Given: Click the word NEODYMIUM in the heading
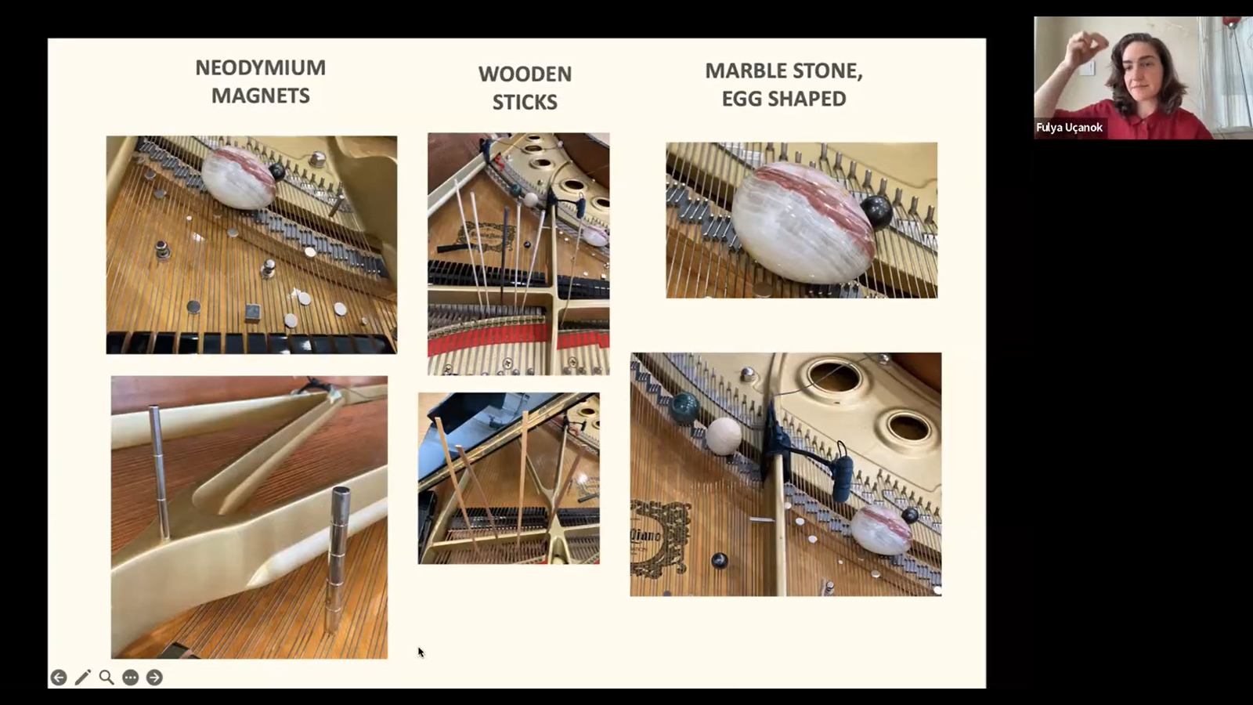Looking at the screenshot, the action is tap(260, 67).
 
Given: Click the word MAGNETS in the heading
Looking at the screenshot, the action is tap(260, 96).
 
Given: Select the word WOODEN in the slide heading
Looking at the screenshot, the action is tap(525, 74).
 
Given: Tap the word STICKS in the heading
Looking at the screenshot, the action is tap(525, 102).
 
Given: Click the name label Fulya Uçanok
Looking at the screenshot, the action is tap(1069, 128).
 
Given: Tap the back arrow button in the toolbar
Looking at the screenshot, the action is tap(59, 678).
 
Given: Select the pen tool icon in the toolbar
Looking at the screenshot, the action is tap(83, 678).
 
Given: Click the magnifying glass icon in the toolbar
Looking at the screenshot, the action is tap(107, 678).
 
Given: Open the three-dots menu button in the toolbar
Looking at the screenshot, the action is tap(130, 678).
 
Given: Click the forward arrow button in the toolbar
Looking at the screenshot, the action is tap(154, 678).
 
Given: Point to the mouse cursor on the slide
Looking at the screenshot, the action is tap(421, 653).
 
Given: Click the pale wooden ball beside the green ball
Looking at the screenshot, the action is tap(724, 436).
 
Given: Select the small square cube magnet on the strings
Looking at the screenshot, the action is tap(252, 313).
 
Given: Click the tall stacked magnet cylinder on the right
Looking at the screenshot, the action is tap(338, 559).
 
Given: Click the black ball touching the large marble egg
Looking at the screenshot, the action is tap(876, 211).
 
